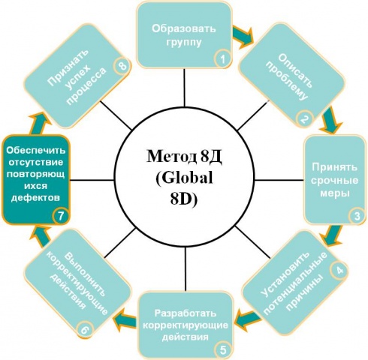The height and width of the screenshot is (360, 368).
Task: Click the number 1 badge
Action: pyautogui.click(x=222, y=59)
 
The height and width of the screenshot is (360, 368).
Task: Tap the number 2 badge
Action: pyautogui.click(x=304, y=119)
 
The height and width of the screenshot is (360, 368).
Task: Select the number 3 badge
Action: pyautogui.click(x=357, y=216)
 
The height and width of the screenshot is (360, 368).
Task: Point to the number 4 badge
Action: pyautogui.click(x=339, y=270)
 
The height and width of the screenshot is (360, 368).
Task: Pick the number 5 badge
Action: pyautogui.click(x=223, y=349)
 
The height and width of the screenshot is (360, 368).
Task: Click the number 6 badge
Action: pyautogui.click(x=85, y=330)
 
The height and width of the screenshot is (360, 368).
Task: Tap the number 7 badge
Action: pyautogui.click(x=61, y=215)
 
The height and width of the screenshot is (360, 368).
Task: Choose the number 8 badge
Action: pyautogui.click(x=122, y=66)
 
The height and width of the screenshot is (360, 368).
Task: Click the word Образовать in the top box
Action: pyautogui.click(x=184, y=28)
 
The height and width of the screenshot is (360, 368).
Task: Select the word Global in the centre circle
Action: pyautogui.click(x=184, y=178)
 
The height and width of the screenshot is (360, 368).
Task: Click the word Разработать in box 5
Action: pyautogui.click(x=186, y=313)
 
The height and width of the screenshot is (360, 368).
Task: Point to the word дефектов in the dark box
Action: pyautogui.click(x=35, y=198)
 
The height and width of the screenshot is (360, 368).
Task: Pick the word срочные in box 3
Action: pyautogui.click(x=334, y=181)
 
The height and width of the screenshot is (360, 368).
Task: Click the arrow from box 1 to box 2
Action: pyautogui.click(x=243, y=36)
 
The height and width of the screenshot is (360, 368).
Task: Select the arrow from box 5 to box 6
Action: pyautogui.click(x=125, y=319)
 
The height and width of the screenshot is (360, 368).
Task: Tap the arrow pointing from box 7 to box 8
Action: pyautogui.click(x=40, y=123)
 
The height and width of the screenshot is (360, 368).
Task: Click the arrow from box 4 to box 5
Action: pyautogui.click(x=248, y=318)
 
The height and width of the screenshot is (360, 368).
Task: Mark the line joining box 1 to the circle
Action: pyautogui.click(x=185, y=88)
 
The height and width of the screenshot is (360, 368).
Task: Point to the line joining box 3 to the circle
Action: pyautogui.click(x=279, y=180)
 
